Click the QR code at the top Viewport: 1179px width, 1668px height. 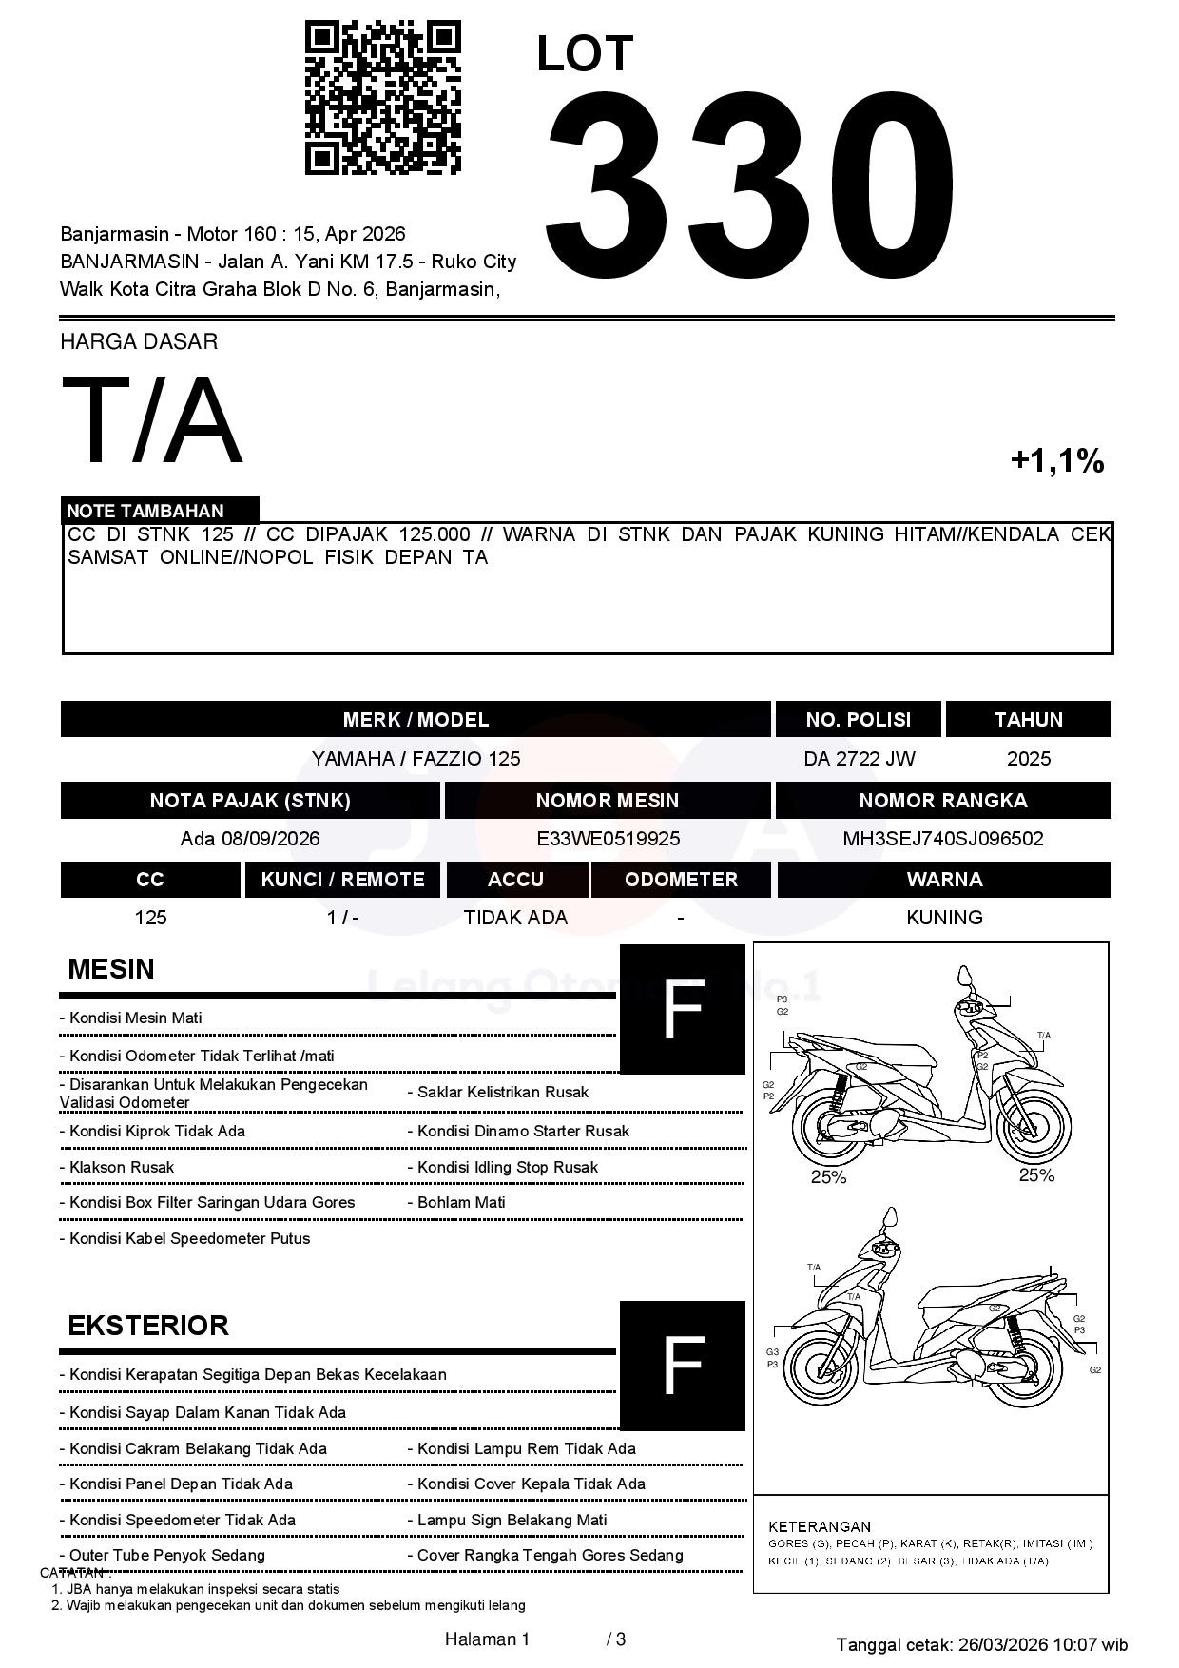[382, 98]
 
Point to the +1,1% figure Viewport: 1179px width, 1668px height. [1056, 461]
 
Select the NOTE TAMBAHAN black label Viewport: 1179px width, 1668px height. [160, 511]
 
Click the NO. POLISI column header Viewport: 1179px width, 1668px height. [858, 720]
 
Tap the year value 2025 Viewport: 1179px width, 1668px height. [1029, 759]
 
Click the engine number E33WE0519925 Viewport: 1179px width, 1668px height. [608, 839]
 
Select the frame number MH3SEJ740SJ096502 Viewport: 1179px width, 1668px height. [942, 839]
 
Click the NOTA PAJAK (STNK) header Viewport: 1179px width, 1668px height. [250, 801]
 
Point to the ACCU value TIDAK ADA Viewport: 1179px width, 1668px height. [515, 918]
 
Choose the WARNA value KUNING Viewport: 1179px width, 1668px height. [944, 918]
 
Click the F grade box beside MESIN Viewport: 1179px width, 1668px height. [682, 1009]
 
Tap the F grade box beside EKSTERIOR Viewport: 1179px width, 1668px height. [682, 1366]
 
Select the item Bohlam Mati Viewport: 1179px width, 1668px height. [461, 1202]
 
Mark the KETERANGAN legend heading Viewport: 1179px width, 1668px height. [819, 1526]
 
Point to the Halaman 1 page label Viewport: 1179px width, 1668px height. [487, 1639]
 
